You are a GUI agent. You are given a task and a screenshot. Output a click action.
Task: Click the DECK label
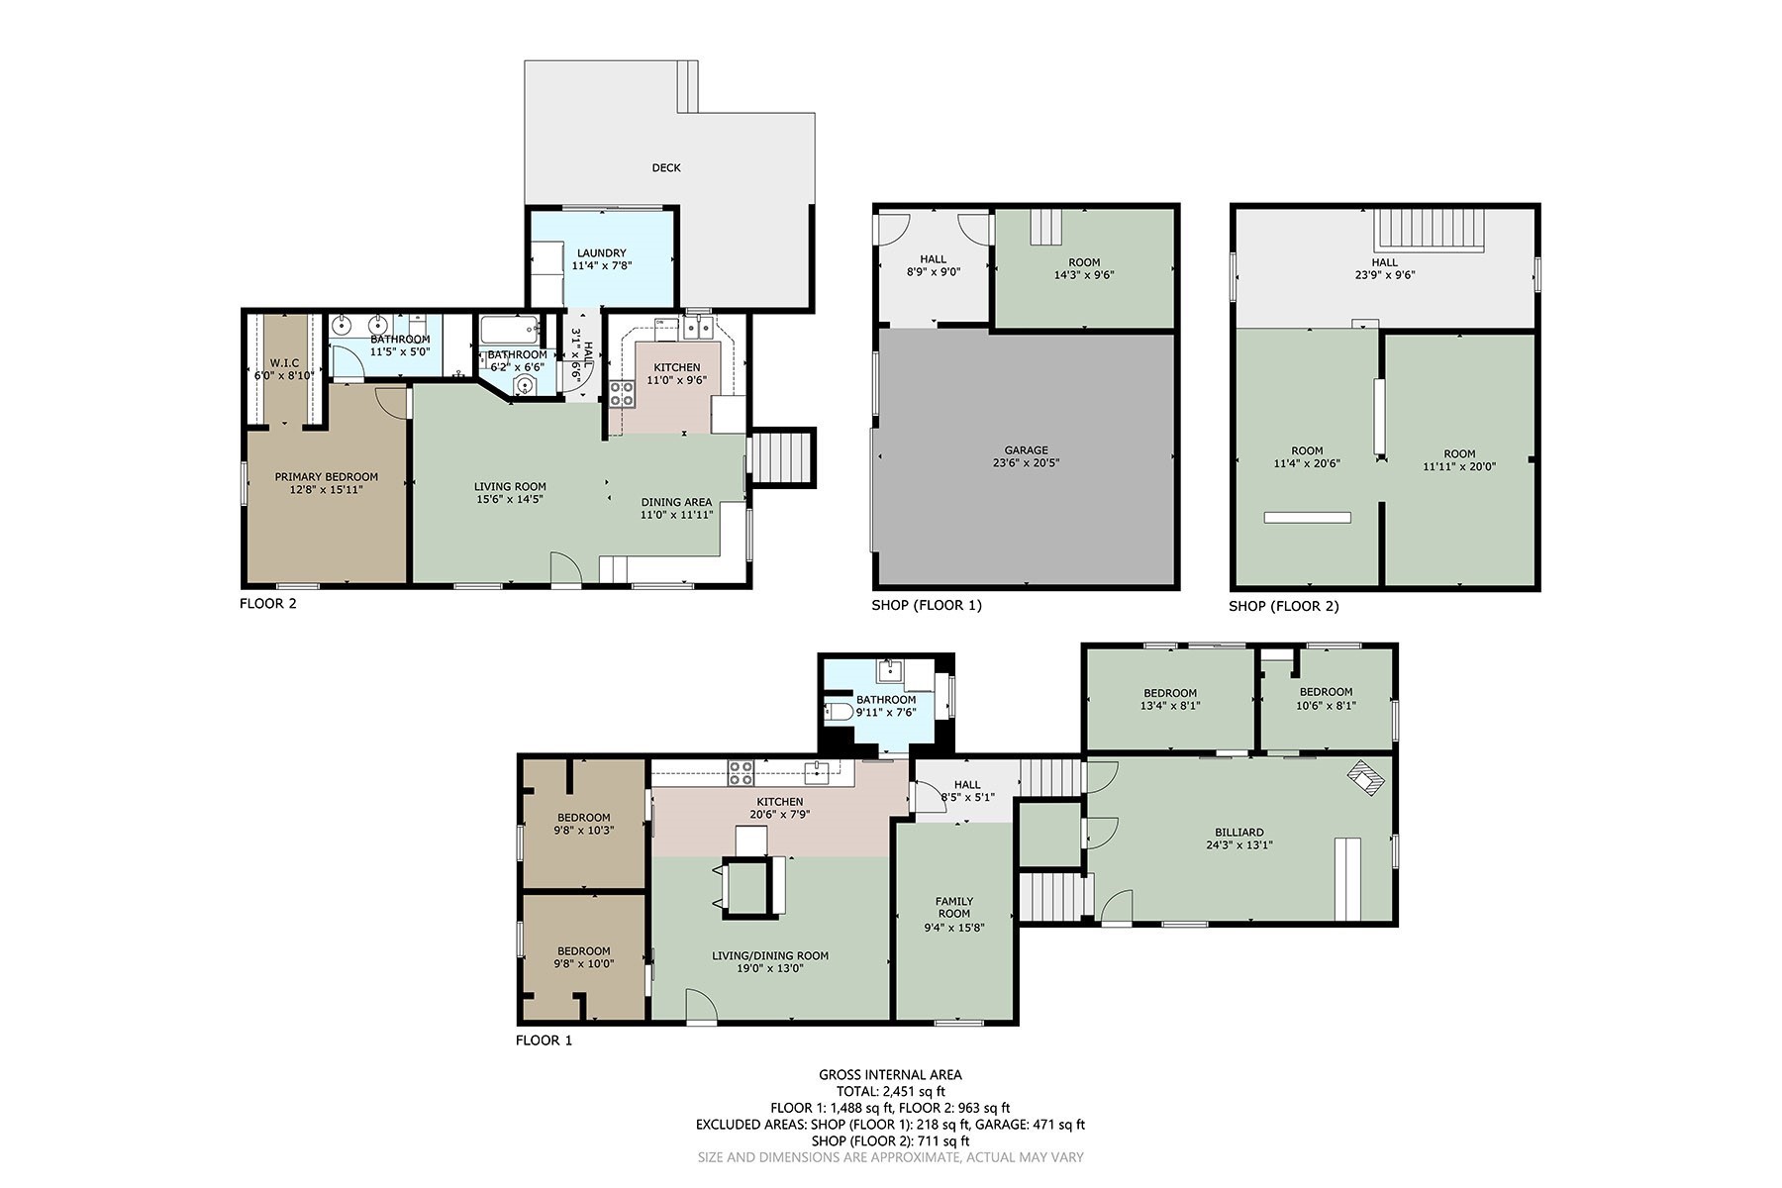click(x=666, y=167)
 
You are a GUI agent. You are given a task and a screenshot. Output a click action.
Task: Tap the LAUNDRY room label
click(x=600, y=253)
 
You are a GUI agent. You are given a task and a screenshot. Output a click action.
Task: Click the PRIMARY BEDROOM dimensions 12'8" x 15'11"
click(x=326, y=489)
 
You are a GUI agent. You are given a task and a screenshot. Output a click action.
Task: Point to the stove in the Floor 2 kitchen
click(x=622, y=393)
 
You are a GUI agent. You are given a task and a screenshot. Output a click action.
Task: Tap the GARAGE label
click(x=1026, y=450)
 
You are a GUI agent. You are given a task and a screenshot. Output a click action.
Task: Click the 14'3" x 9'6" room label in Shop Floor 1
click(x=1084, y=262)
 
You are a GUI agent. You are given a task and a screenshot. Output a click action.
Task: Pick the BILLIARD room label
click(x=1238, y=833)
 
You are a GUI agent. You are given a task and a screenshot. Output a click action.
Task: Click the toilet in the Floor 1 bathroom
click(x=841, y=712)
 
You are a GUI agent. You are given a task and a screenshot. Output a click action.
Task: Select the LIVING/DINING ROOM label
click(x=770, y=955)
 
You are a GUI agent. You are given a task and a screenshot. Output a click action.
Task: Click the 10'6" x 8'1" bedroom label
click(x=1326, y=692)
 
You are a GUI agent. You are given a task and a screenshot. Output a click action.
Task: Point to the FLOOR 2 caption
click(x=267, y=603)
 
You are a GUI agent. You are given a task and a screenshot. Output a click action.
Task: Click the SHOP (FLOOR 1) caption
click(x=926, y=605)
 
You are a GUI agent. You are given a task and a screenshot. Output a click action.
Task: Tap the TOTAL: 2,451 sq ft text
click(x=890, y=1091)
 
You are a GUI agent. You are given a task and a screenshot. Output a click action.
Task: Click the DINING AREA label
click(x=676, y=502)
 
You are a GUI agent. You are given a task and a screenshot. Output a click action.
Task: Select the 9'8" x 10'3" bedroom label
click(x=583, y=818)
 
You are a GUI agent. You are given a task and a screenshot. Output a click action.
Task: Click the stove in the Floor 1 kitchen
click(x=740, y=769)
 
